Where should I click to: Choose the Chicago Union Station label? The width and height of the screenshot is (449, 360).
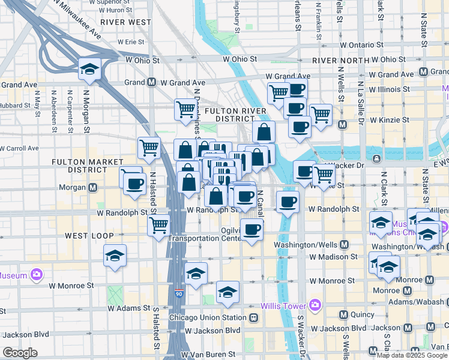pos(208,317)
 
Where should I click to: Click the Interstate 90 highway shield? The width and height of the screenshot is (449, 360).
pos(179,294)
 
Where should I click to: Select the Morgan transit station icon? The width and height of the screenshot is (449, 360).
pos(93,187)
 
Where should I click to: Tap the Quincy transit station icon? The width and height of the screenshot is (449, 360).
pos(344,314)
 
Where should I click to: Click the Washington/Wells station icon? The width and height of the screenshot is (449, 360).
pos(344,245)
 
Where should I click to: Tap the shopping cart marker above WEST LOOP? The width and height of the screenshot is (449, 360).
pos(158,226)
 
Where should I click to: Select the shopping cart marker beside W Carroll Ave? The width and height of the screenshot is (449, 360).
pos(149,148)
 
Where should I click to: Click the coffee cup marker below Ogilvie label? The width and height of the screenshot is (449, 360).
pos(252,229)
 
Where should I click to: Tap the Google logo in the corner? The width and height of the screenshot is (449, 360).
pos(20,353)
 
